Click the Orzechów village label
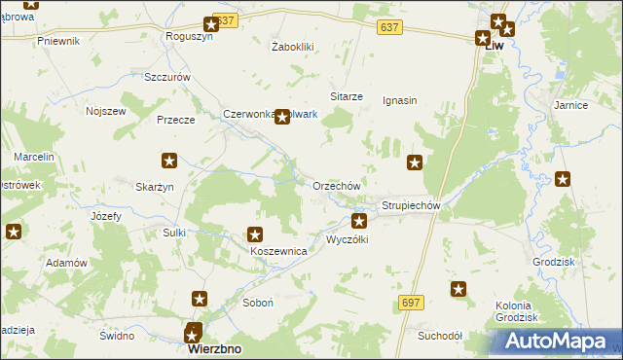(337, 186)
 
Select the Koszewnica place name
(279, 251)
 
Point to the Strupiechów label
(412, 206)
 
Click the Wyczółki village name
(347, 239)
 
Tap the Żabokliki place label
(292, 46)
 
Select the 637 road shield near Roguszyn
(225, 20)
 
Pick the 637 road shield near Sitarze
(390, 30)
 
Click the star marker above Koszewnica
(255, 234)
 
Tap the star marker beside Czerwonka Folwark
(282, 118)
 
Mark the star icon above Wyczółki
(359, 221)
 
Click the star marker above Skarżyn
(168, 161)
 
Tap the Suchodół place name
(439, 336)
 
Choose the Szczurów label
(165, 77)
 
